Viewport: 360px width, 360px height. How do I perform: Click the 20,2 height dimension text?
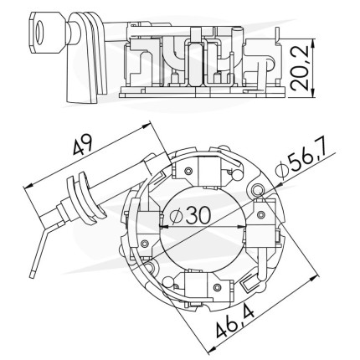(301, 68)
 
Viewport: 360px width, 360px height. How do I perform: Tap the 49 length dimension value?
(82, 144)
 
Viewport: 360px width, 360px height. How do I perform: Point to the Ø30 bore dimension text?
(191, 215)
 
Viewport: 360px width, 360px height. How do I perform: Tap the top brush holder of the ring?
(208, 171)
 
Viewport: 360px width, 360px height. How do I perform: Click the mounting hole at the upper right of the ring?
(256, 190)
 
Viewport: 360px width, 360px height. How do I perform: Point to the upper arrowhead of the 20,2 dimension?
(313, 44)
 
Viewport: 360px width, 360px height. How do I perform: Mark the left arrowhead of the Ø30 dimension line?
(165, 227)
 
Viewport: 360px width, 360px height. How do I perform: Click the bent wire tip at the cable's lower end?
(32, 274)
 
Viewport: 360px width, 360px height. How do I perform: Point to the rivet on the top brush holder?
(189, 170)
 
